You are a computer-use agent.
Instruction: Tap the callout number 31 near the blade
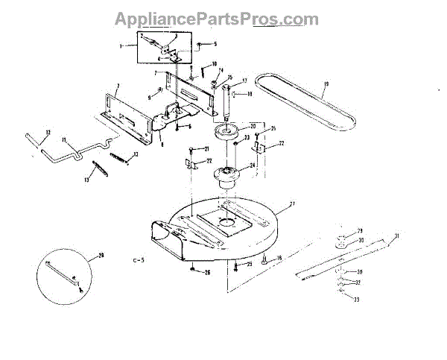point(397,237)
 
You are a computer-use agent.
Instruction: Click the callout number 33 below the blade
point(356,299)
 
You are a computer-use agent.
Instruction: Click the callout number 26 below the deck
point(207,273)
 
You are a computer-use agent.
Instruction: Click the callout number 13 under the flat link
point(86,179)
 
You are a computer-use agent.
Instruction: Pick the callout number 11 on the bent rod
point(65,139)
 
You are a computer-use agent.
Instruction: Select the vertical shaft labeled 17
point(222,101)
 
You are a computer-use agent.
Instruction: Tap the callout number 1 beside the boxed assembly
point(120,45)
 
